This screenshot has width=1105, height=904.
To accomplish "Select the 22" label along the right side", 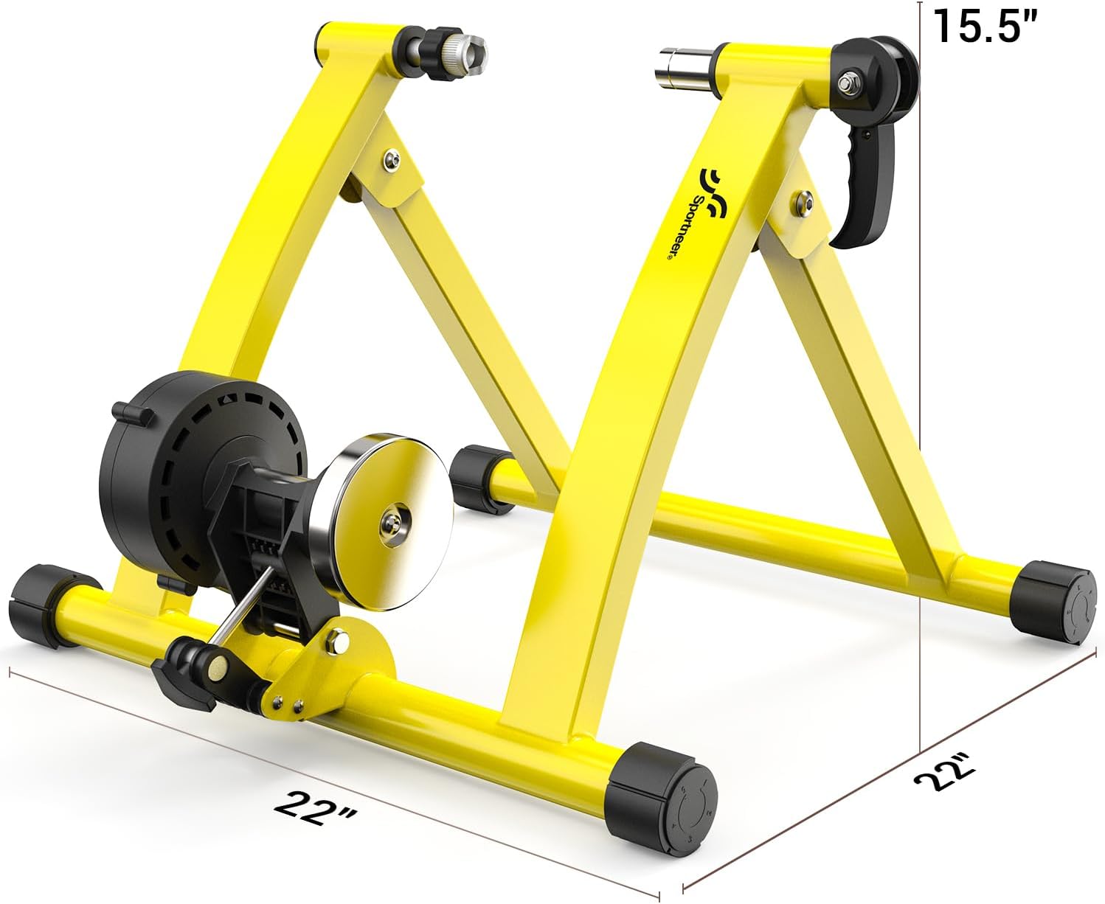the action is [944, 775].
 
